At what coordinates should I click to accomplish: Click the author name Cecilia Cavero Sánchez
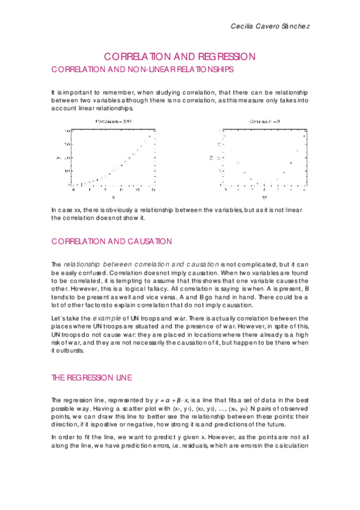pos(270,27)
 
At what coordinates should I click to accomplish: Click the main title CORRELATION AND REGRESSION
pos(180,57)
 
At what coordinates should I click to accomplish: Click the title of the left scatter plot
pos(113,122)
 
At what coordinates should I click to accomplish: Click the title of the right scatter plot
pos(264,122)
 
